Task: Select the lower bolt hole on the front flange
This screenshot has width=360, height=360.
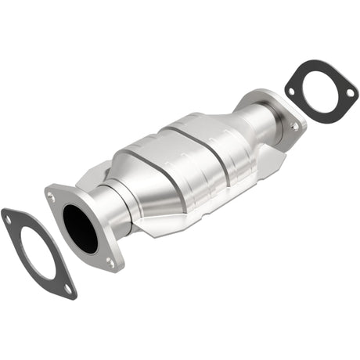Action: (x=110, y=263)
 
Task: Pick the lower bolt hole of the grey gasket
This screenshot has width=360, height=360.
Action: (x=68, y=289)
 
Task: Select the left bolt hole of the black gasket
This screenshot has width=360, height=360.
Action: (x=291, y=90)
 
